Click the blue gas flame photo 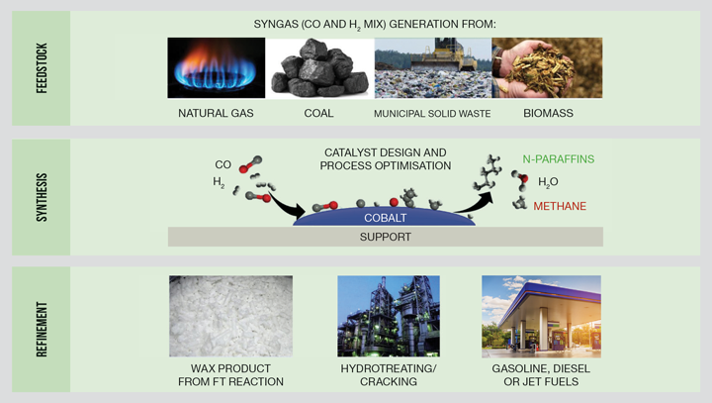coord(216,67)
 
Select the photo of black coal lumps coord(319,67)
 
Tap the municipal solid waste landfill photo coord(432,67)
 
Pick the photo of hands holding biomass coord(547,67)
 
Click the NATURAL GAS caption coord(216,113)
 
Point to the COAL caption coord(319,113)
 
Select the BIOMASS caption coord(548,113)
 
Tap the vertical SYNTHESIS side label coord(42,196)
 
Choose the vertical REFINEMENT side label coord(42,327)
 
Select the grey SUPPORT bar coord(385,237)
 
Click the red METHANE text coord(560,206)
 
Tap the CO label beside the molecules coord(223,164)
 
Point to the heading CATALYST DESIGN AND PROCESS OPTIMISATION coord(385,159)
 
